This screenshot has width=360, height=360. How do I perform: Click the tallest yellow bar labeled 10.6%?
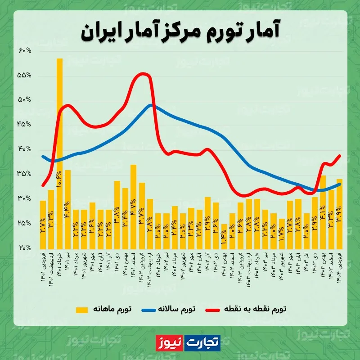point(59,153)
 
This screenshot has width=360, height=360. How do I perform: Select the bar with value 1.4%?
point(224,236)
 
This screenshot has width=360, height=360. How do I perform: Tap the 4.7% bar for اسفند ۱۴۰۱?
point(133,207)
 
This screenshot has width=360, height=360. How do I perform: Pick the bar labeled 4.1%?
point(322,211)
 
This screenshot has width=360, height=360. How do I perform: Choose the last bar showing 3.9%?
point(339,214)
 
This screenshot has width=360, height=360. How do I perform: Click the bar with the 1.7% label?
point(282,234)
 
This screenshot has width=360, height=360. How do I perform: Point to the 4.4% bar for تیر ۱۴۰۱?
point(67,209)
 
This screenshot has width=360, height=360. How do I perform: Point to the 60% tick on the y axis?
point(25,50)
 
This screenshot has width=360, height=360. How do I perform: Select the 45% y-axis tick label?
point(25,125)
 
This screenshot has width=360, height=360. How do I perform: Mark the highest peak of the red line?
point(142,73)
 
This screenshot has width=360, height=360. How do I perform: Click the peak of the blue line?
point(151,105)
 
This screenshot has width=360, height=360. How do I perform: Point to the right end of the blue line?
point(340,184)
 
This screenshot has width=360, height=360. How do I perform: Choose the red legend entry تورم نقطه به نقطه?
point(254,310)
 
